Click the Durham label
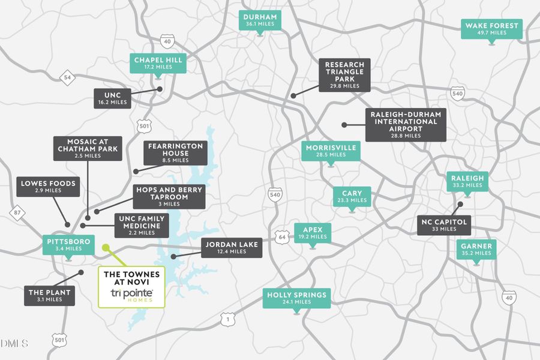pyautogui.click(x=260, y=20)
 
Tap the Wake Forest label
pyautogui.click(x=491, y=28)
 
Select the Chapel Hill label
pyautogui.click(x=158, y=63)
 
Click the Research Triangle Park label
pyautogui.click(x=344, y=74)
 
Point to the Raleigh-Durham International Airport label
pyautogui.click(x=406, y=125)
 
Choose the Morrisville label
pyautogui.click(x=331, y=151)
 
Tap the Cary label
pyautogui.click(x=352, y=196)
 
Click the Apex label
pyautogui.click(x=312, y=233)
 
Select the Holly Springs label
pyautogui.click(x=296, y=298)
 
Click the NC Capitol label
pyautogui.click(x=445, y=225)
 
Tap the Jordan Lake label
pyautogui.click(x=231, y=248)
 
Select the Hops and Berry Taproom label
pyautogui.click(x=169, y=196)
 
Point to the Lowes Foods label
pyautogui.click(x=48, y=187)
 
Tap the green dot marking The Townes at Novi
pyautogui.click(x=106, y=247)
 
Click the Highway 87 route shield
pyautogui.click(x=16, y=212)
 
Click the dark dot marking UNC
pyautogui.click(x=160, y=89)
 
